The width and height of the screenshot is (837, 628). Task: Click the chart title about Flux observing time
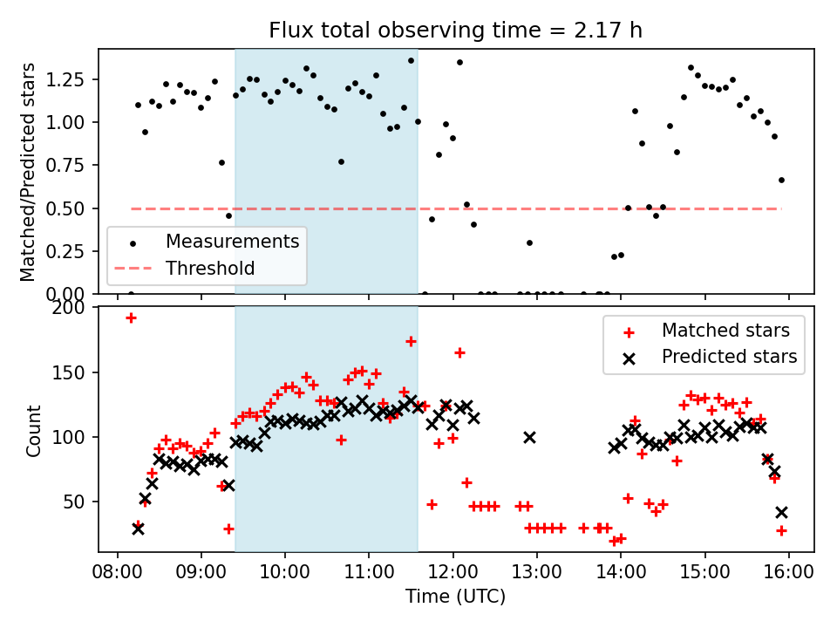tap(456, 31)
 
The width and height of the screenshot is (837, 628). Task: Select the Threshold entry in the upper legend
tap(210, 269)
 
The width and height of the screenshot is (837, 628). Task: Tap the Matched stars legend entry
tap(725, 331)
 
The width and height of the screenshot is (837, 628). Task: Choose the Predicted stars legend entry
tap(729, 357)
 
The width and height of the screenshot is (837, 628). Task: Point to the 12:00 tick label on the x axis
tap(453, 572)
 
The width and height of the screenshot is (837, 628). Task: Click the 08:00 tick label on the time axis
tap(118, 572)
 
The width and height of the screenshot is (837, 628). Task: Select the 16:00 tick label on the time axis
tap(789, 572)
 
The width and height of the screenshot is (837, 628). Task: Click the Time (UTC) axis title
tap(456, 597)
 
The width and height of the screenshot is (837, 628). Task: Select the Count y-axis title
tap(34, 430)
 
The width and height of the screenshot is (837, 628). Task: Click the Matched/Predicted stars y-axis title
tap(28, 172)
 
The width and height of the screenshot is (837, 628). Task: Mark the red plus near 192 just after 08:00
tap(131, 317)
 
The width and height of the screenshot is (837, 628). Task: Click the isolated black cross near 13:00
tap(529, 437)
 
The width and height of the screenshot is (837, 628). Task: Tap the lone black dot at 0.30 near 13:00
tap(529, 242)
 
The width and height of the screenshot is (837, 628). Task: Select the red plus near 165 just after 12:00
tap(459, 352)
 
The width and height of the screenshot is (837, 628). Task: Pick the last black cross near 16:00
tap(781, 512)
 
